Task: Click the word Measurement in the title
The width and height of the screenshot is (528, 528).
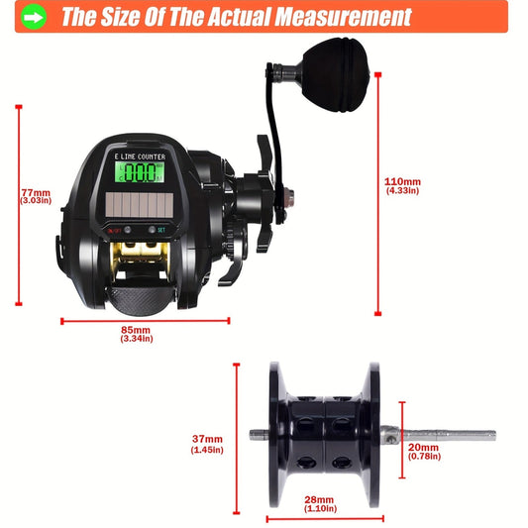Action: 340,17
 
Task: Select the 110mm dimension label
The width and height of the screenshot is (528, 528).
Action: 402,181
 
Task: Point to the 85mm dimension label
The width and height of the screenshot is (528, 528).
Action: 136,330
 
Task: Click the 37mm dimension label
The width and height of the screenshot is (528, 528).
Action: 207,439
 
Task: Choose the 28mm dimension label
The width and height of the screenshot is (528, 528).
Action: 319,499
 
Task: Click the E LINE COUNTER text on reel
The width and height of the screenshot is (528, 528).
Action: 140,156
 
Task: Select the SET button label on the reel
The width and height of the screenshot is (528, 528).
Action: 160,230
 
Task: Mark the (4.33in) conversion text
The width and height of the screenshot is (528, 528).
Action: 402,191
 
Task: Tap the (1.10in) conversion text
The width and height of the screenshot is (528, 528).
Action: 319,509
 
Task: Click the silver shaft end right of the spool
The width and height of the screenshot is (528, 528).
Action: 466,435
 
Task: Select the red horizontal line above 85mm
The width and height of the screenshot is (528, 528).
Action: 145,320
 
